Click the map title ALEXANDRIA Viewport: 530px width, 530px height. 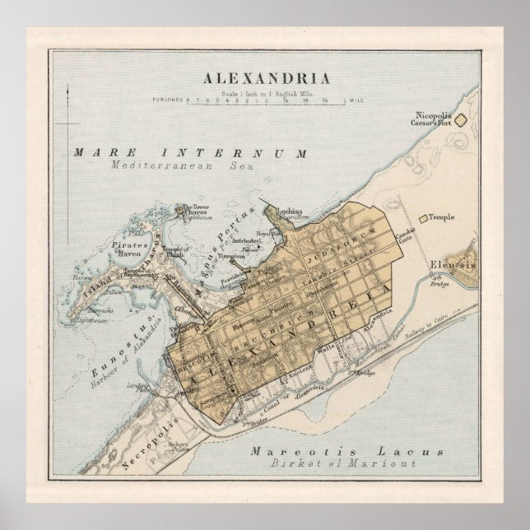[264, 79]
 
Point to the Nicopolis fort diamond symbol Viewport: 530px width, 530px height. [462, 120]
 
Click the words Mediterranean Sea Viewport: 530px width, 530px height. [179, 165]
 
